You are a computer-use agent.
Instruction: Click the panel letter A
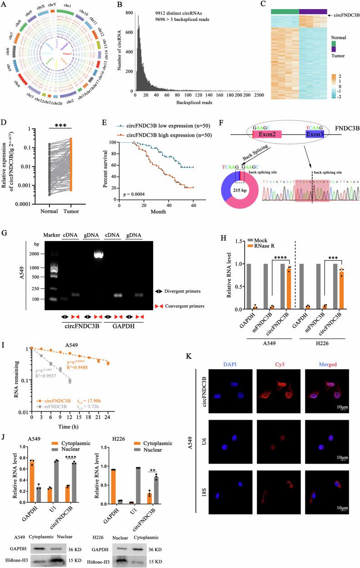4,5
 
